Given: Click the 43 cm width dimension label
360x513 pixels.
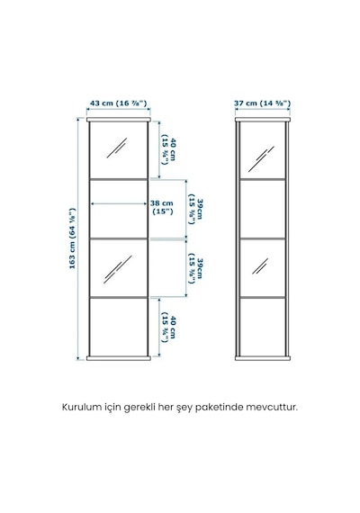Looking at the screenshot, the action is pyautogui.click(x=118, y=103).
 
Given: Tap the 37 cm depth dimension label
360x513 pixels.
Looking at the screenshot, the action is pyautogui.click(x=262, y=103).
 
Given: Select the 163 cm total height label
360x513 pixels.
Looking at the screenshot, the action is pyautogui.click(x=72, y=238).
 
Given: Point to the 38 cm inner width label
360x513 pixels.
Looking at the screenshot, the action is pyautogui.click(x=162, y=207).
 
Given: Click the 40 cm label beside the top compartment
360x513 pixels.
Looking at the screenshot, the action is pyautogui.click(x=169, y=149).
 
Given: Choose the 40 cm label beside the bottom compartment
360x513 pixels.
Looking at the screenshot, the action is pyautogui.click(x=169, y=329).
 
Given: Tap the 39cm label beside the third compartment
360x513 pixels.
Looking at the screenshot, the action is pyautogui.click(x=195, y=268).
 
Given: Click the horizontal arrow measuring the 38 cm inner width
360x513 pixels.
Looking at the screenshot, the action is pyautogui.click(x=119, y=203).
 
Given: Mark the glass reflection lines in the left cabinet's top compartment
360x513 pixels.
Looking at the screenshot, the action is pyautogui.click(x=116, y=148).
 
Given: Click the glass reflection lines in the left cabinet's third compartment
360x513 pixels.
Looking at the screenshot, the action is pyautogui.click(x=118, y=270).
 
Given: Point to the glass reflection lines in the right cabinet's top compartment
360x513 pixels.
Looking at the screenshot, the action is pyautogui.click(x=261, y=159).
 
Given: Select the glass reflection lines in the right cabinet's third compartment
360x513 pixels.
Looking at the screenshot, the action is pyautogui.click(x=260, y=266).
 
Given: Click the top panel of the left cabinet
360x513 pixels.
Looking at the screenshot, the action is pyautogui.click(x=119, y=120).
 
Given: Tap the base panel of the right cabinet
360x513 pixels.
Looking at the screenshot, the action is pyautogui.click(x=263, y=358).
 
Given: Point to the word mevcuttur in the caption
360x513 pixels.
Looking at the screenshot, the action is pyautogui.click(x=272, y=408).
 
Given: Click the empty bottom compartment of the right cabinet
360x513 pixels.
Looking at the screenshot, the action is pyautogui.click(x=263, y=327).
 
